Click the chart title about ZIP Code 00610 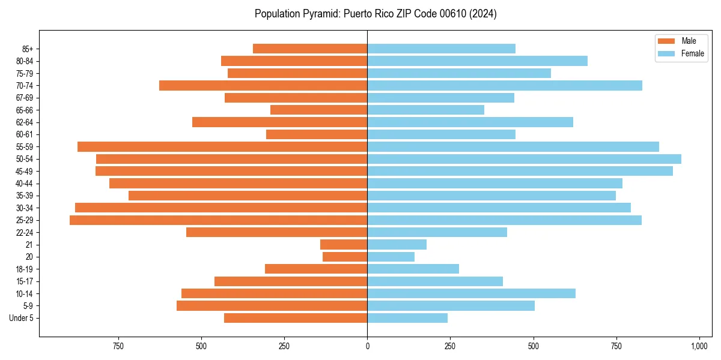(x=376, y=14)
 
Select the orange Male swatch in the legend (x=666, y=41)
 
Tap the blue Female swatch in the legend (x=666, y=53)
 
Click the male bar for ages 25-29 (x=218, y=220)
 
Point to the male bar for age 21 (x=344, y=245)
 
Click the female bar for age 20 (x=391, y=257)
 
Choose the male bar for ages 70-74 (x=263, y=86)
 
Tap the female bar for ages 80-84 (x=477, y=61)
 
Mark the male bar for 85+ (x=310, y=49)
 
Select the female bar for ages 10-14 (x=471, y=293)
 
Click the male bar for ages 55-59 (x=222, y=147)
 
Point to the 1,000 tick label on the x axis (x=699, y=346)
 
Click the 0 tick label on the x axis (x=367, y=346)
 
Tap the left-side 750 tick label (x=118, y=346)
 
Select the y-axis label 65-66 (x=24, y=110)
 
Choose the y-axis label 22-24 (x=24, y=233)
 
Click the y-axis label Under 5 (x=22, y=318)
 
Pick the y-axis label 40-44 (x=24, y=184)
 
